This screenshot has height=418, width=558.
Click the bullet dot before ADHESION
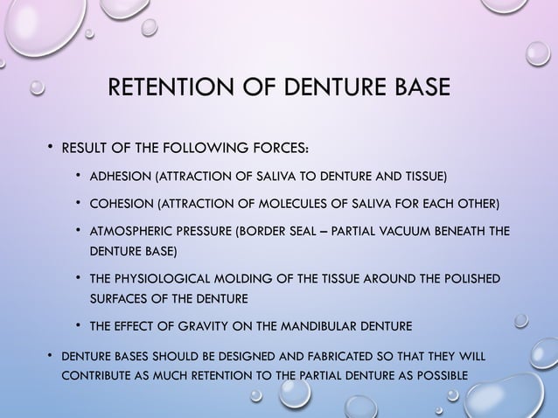tap(79, 178)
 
